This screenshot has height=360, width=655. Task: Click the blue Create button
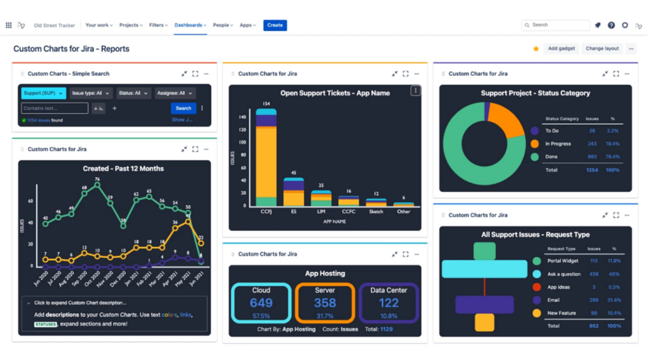pos(275,25)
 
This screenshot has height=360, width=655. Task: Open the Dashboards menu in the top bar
pos(190,25)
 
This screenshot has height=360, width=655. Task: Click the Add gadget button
pos(561,49)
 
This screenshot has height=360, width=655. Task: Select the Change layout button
pos(602,49)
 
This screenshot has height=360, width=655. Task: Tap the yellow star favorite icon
pos(536,49)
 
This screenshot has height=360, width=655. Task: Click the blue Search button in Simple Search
pos(183,108)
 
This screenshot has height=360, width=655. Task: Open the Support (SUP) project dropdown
pos(43,93)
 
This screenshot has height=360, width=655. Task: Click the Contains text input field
pos(55,108)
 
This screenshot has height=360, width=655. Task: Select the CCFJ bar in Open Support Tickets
pos(266,160)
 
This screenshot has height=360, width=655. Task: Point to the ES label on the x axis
pos(294,211)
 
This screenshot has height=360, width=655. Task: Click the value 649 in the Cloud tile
pos(261,303)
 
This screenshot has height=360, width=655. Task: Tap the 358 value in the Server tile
pos(325,303)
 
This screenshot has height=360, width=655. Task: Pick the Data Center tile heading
pos(388,290)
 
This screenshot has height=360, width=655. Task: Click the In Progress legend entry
pos(558,144)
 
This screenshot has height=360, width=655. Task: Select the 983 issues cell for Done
pos(592,157)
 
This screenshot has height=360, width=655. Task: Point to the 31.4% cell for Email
pos(613,300)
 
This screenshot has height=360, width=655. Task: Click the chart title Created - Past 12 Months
pos(123,169)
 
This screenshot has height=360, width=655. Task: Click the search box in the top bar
pos(556,25)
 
